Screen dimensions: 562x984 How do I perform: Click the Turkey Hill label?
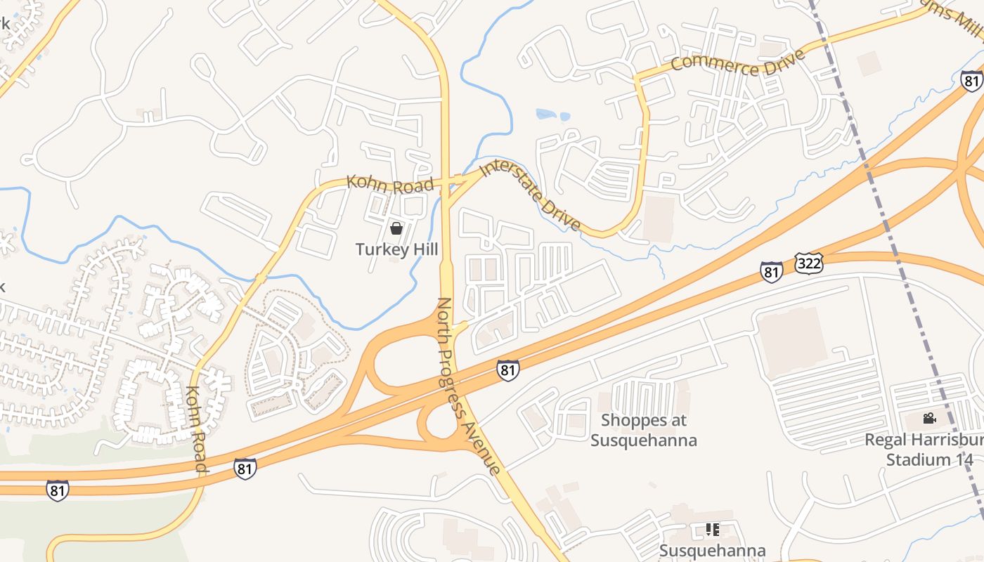coord(396,249)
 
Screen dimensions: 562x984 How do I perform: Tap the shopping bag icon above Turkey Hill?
coord(396,228)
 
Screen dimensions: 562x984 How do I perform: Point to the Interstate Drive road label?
coord(531,195)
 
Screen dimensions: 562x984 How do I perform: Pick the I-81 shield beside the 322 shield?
coord(771,272)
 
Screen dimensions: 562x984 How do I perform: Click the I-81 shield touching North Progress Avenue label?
coord(508,370)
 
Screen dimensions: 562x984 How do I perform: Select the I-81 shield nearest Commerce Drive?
coord(971,80)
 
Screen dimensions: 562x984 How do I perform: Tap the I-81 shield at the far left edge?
coord(58,489)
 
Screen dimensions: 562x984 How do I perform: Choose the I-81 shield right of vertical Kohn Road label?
coord(245,469)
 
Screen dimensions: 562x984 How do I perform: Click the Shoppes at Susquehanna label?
coord(643,430)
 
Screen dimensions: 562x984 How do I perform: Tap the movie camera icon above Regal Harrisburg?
coord(929,419)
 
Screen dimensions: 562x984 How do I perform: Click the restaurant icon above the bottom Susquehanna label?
coord(712,529)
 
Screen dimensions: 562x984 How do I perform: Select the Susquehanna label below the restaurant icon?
coord(712,550)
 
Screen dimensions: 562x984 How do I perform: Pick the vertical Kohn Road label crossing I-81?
coord(196,428)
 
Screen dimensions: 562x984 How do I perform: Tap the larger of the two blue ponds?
coord(545,113)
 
